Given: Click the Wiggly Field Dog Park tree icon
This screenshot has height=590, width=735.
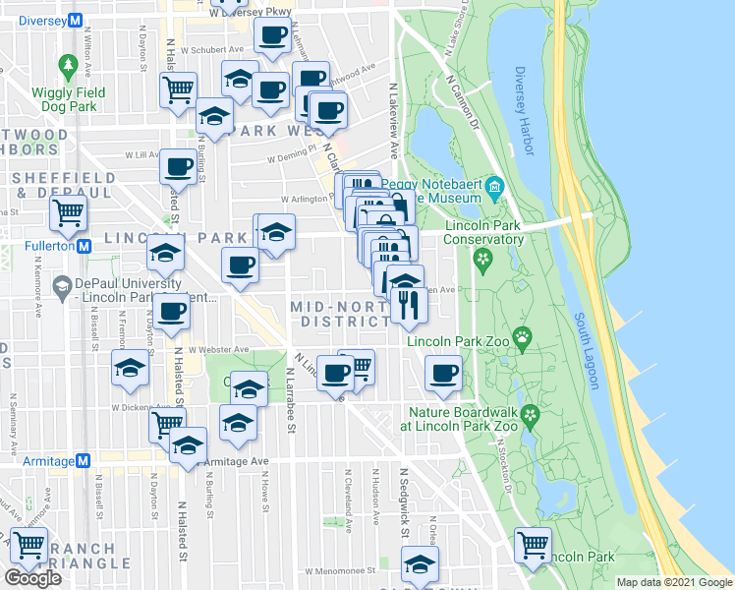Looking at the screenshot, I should [x=68, y=66].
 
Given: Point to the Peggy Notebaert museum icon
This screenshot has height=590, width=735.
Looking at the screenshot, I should [x=496, y=186].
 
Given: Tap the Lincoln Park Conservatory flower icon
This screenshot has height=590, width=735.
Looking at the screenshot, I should [x=481, y=260].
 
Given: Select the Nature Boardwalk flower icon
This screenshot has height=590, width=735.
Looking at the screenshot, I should [x=531, y=413].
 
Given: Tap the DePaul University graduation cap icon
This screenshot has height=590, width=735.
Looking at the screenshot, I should [x=63, y=286].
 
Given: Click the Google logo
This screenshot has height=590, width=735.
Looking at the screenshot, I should [x=34, y=577].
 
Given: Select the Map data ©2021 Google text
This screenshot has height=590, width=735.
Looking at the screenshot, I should [x=674, y=582].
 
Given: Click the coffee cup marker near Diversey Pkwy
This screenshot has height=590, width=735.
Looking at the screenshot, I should [x=272, y=35].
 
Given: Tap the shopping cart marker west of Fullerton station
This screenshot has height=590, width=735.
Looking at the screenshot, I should [x=68, y=209].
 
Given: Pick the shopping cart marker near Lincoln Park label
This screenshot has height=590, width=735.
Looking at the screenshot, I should [x=533, y=542].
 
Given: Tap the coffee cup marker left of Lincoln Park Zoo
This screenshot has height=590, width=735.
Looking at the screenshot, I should [x=442, y=373].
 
